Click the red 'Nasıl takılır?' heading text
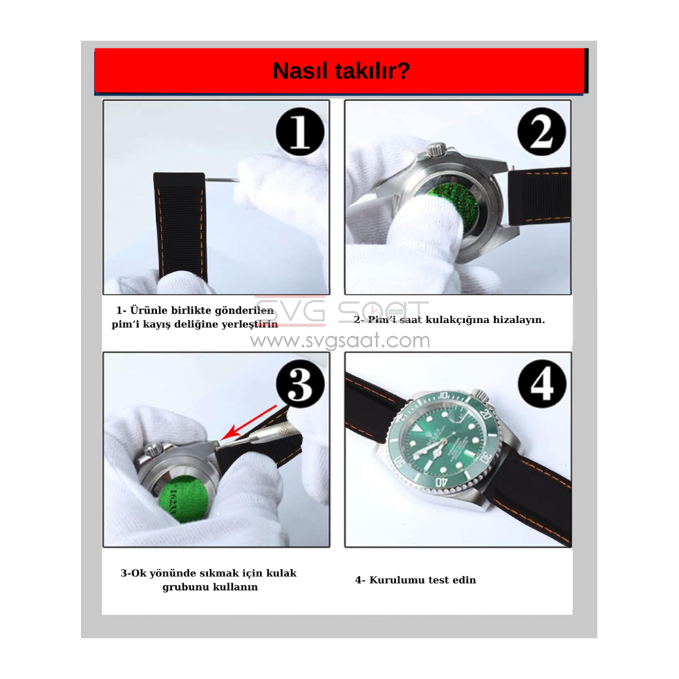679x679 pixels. click(x=342, y=71)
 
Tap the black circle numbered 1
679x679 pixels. click(x=299, y=132)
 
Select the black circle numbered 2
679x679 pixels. click(x=541, y=132)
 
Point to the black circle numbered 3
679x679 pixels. click(x=300, y=384)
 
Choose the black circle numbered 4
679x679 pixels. click(x=542, y=384)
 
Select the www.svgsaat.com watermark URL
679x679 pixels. click(x=340, y=340)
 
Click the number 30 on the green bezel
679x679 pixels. click(x=486, y=456)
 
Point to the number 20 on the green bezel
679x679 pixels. click(x=486, y=414)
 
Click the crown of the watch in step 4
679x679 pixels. click(x=480, y=395)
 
